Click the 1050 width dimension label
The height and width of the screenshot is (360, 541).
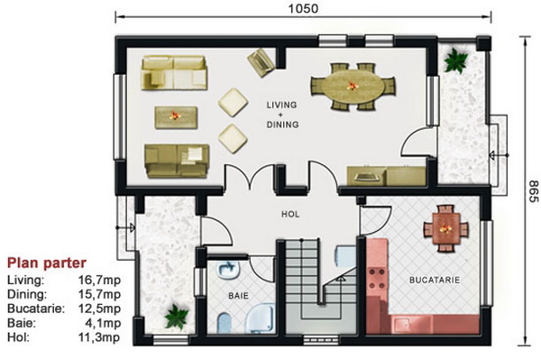pyautogui.click(x=303, y=8)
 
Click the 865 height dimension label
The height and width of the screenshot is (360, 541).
pyautogui.click(x=533, y=191)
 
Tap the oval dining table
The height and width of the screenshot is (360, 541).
pyautogui.click(x=353, y=86)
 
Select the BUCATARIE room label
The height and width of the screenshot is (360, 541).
pyautogui.click(x=435, y=280)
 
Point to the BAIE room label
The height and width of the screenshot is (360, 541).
pyautogui.click(x=238, y=296)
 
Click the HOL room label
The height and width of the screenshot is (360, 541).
pyautogui.click(x=290, y=215)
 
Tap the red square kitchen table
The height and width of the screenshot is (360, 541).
pyautogui.click(x=445, y=228)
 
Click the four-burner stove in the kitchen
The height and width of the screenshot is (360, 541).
pyautogui.click(x=377, y=279)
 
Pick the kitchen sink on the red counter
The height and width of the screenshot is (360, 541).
pyautogui.click(x=401, y=325)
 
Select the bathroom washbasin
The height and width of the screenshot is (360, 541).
pyautogui.click(x=228, y=270)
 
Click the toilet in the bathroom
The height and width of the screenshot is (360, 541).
pyautogui.click(x=225, y=323)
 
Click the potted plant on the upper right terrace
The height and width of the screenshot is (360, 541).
pyautogui.click(x=455, y=60)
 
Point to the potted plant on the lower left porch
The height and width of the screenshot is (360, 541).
pyautogui.click(x=177, y=316)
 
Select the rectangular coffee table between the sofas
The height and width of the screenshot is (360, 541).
pyautogui.click(x=176, y=117)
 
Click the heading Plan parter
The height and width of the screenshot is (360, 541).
pyautogui.click(x=47, y=263)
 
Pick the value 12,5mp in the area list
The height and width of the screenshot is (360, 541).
pyautogui.click(x=99, y=309)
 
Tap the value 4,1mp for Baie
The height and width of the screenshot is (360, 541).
pyautogui.click(x=103, y=323)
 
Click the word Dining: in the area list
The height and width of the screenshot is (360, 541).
pyautogui.click(x=27, y=294)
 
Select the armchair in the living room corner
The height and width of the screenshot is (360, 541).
pyautogui.click(x=261, y=62)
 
